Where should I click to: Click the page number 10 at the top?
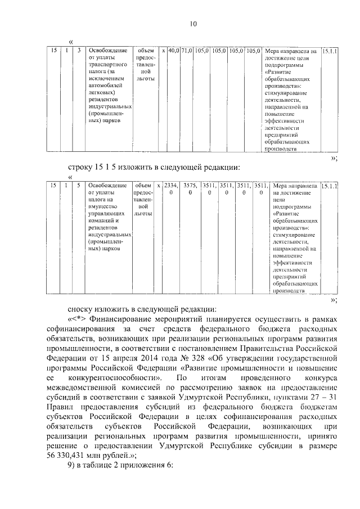point(193,24)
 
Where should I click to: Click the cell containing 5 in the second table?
point(79,186)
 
